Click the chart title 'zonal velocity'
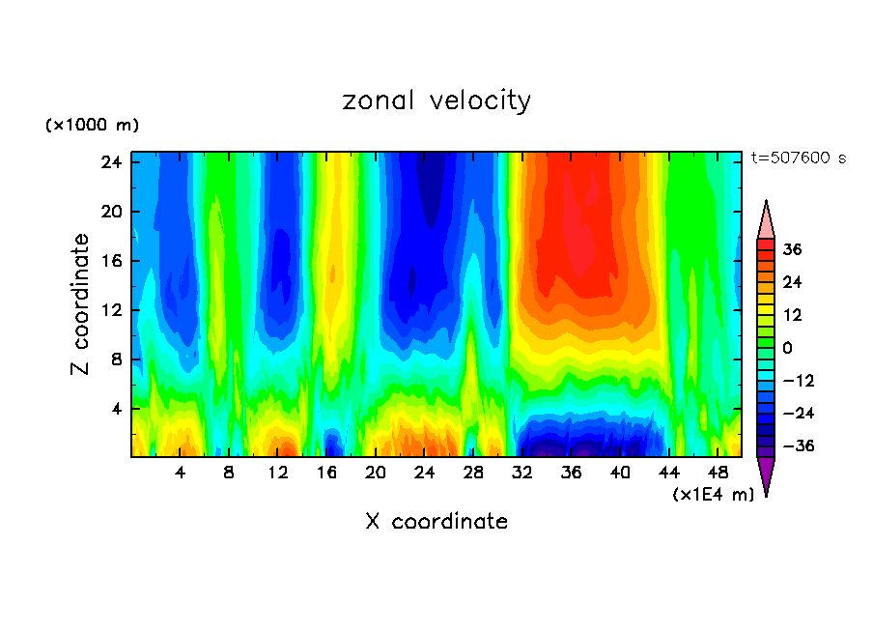point(436,101)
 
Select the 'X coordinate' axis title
point(436,522)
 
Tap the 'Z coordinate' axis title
point(80,304)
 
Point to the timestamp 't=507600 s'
point(798,158)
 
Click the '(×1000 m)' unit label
point(92,126)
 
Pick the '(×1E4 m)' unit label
point(713,495)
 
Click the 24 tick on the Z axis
point(111,162)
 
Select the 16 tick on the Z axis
point(111,261)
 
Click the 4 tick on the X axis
point(180,473)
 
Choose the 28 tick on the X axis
point(473,473)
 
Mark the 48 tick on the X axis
point(718,473)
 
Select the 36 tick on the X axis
point(571,473)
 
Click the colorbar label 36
point(792,249)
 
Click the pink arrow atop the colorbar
point(766,219)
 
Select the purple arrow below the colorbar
point(766,474)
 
